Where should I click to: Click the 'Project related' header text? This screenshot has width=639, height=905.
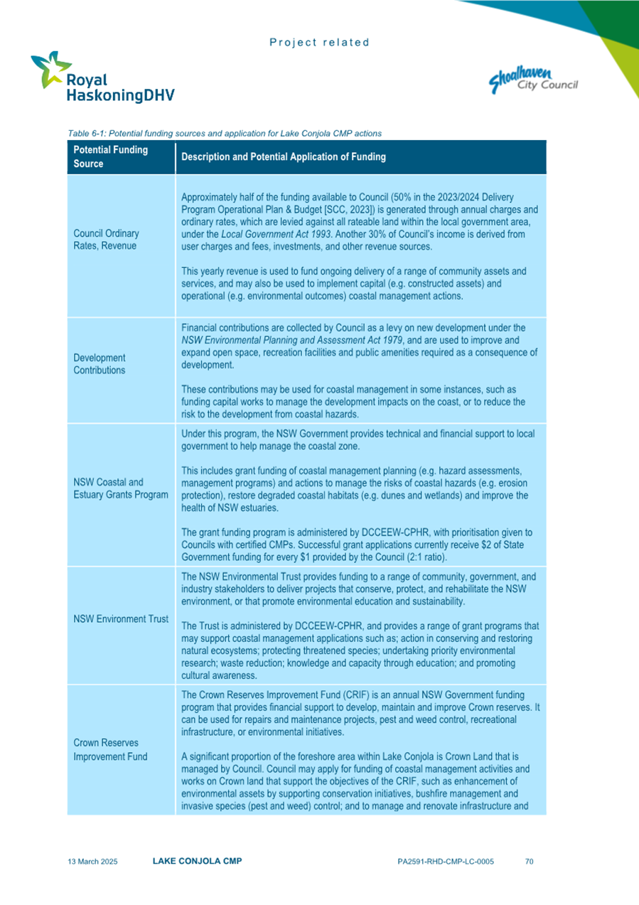pos(319,43)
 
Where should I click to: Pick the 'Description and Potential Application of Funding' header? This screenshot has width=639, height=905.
pos(284,157)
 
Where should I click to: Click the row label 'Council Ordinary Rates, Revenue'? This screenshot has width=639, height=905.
pos(107,240)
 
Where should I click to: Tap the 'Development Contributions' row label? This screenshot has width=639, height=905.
pos(100,364)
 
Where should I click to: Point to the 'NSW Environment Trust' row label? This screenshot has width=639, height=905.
pos(121,619)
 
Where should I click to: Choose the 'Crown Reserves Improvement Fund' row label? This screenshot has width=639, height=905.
pos(110,749)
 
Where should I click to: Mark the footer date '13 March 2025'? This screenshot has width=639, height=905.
pos(92,862)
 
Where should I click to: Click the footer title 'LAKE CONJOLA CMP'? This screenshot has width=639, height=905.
pos(197,861)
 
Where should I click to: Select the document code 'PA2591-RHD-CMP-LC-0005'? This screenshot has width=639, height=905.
pos(446,862)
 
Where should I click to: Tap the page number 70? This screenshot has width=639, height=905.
pos(529,862)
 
